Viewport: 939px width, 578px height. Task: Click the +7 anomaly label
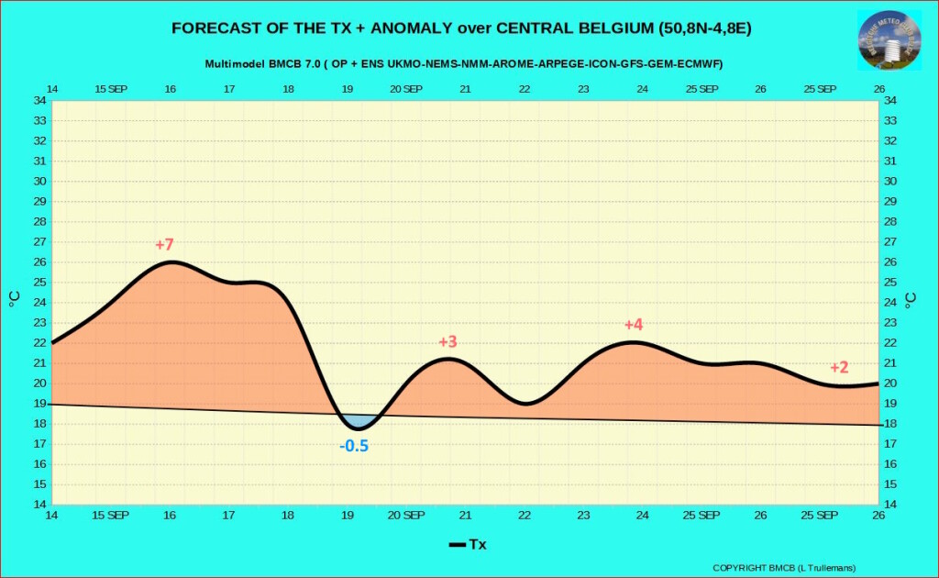coord(164,245)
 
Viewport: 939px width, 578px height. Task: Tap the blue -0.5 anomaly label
coord(354,446)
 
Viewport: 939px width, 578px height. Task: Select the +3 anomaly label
coord(447,342)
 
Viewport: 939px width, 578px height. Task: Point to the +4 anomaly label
coord(634,325)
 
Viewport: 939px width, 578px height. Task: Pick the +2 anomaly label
coord(839,367)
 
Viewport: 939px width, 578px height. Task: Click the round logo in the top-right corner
coord(889,39)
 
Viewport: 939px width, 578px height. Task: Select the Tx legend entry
coord(468,545)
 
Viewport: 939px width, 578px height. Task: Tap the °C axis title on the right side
coord(910,299)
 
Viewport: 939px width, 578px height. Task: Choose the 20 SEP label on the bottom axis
coord(406,516)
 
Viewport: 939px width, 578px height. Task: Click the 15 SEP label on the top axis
coord(111,89)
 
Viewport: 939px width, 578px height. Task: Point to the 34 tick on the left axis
coord(39,100)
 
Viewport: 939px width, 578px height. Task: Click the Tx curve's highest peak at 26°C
coord(171,262)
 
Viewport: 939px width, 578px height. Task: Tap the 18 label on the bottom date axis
coord(288,516)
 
